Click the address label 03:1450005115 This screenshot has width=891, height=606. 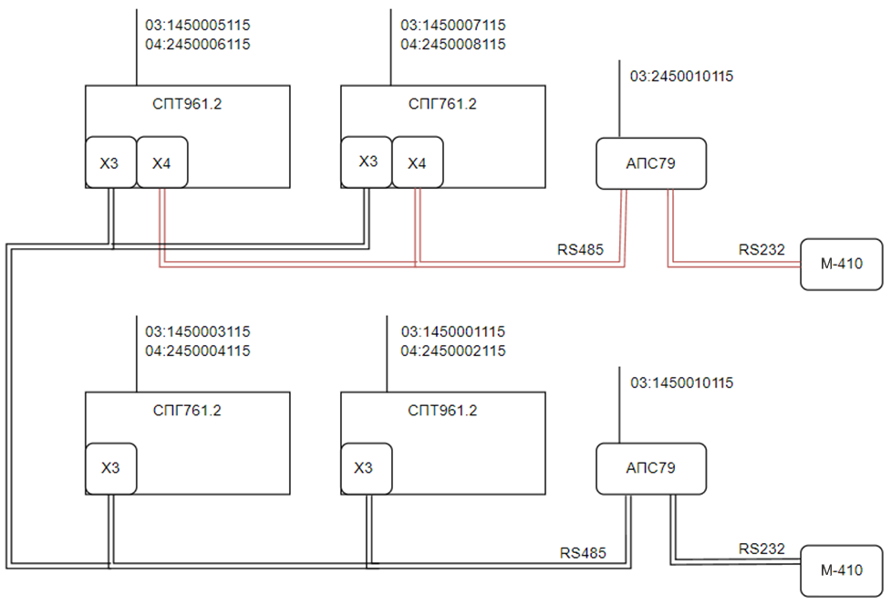[x=198, y=25]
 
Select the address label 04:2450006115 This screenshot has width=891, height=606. [x=198, y=45]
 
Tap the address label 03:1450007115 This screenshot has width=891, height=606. [x=453, y=25]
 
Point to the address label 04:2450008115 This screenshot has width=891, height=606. [x=453, y=45]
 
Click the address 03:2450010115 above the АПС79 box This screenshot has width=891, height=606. [x=681, y=76]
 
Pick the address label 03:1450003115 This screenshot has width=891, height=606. [x=198, y=331]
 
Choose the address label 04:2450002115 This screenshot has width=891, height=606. [x=453, y=350]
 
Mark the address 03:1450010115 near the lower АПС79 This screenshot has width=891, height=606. [x=681, y=382]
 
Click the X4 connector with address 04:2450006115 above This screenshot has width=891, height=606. [x=162, y=162]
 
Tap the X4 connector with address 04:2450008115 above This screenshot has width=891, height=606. [x=417, y=162]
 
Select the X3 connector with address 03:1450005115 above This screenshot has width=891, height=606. [x=111, y=162]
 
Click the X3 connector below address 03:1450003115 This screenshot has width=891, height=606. [x=111, y=468]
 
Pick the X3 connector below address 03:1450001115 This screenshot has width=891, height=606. [x=366, y=468]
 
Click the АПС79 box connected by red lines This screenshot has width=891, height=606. [x=651, y=163]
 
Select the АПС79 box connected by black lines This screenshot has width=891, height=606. [x=651, y=468]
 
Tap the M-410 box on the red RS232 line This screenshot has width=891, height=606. [x=842, y=265]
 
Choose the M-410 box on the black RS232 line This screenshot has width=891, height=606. [x=842, y=570]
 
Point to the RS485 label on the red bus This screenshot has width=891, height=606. [x=580, y=249]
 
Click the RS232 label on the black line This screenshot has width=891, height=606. [x=761, y=549]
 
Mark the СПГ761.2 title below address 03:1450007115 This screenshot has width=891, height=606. [x=442, y=104]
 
